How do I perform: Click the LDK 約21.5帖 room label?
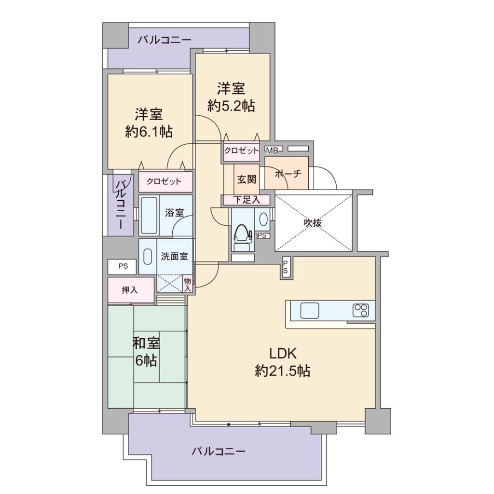(282, 362)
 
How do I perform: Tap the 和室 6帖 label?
(146, 352)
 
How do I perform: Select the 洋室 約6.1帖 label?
(149, 123)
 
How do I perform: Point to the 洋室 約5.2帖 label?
(231, 96)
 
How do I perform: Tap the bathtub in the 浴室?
(149, 215)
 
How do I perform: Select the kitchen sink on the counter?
(310, 310)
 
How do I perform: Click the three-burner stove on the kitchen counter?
(361, 310)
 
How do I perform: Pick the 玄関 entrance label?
(247, 179)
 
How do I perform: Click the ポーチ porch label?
(288, 174)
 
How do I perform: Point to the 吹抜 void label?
(313, 223)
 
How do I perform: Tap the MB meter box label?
(272, 151)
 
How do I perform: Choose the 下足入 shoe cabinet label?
(247, 200)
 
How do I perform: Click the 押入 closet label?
(129, 290)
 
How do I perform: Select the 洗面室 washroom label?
(174, 257)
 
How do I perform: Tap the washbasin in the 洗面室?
(148, 257)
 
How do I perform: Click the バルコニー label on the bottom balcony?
(219, 452)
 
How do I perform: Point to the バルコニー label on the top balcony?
(165, 40)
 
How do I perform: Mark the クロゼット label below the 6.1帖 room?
(164, 181)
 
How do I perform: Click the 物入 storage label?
(188, 284)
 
